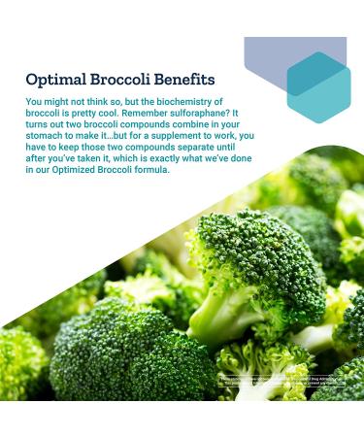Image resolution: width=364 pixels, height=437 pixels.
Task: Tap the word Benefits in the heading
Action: [x=184, y=79]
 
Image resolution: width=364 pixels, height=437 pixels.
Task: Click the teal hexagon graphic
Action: [x=318, y=86]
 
